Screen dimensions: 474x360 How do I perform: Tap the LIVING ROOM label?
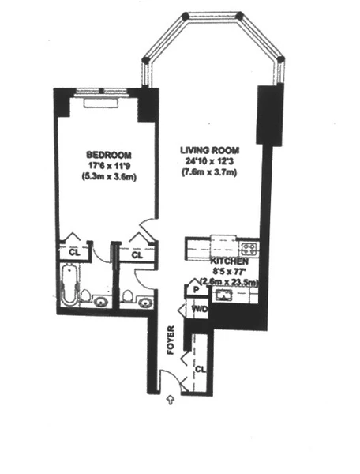[x=208, y=150]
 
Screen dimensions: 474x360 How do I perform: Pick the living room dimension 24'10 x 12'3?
[x=208, y=162]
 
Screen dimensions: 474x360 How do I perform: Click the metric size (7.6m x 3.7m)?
[x=208, y=174]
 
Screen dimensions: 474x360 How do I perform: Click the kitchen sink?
[x=223, y=295]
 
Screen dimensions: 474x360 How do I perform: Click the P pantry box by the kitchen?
[x=193, y=290]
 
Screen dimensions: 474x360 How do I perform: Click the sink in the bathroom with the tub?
[x=101, y=301]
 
